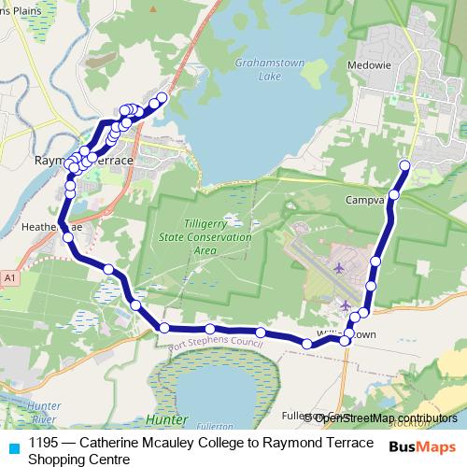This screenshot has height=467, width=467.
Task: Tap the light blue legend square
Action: click(13, 446)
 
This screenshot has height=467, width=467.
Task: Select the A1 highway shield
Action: click(9, 278)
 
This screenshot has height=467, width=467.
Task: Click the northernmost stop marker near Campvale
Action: click(404, 165)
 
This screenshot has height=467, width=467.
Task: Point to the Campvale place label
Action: click(365, 200)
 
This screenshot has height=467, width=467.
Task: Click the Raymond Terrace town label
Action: click(84, 161)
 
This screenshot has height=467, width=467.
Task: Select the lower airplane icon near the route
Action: click(347, 305)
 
